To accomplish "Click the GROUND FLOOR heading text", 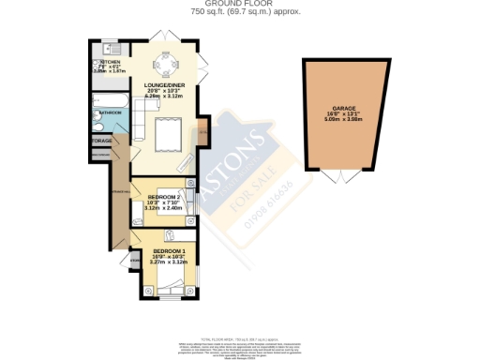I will (239, 4).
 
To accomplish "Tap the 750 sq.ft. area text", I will (239, 11).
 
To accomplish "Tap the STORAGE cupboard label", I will (100, 141).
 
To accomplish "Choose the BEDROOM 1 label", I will (169, 251).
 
